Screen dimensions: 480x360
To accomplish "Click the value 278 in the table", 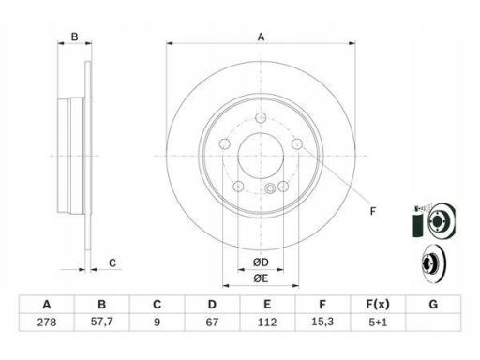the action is tap(47, 322).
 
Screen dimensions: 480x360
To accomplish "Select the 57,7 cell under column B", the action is tap(101, 322).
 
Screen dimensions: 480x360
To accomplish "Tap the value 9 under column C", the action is tap(157, 322).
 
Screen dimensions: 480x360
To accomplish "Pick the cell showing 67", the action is tap(212, 322).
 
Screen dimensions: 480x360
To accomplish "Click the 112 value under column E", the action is tap(267, 322).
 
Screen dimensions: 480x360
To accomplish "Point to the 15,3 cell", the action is tap(322, 322).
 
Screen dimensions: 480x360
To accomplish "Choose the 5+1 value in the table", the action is tap(378, 322).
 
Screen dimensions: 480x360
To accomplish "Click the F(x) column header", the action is tap(378, 304).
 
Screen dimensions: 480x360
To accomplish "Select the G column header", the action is tap(433, 304).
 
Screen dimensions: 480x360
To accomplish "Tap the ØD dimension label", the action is tap(261, 262).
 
